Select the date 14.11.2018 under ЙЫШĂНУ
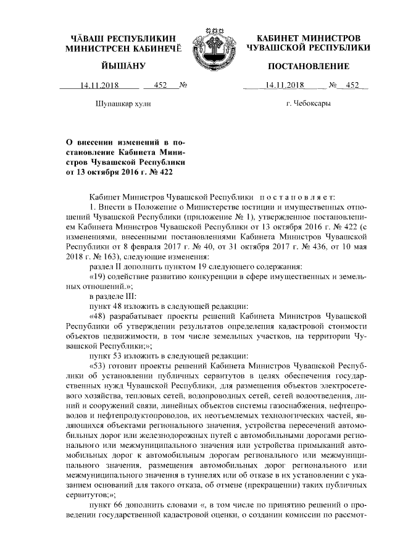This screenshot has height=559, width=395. point(98,85)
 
